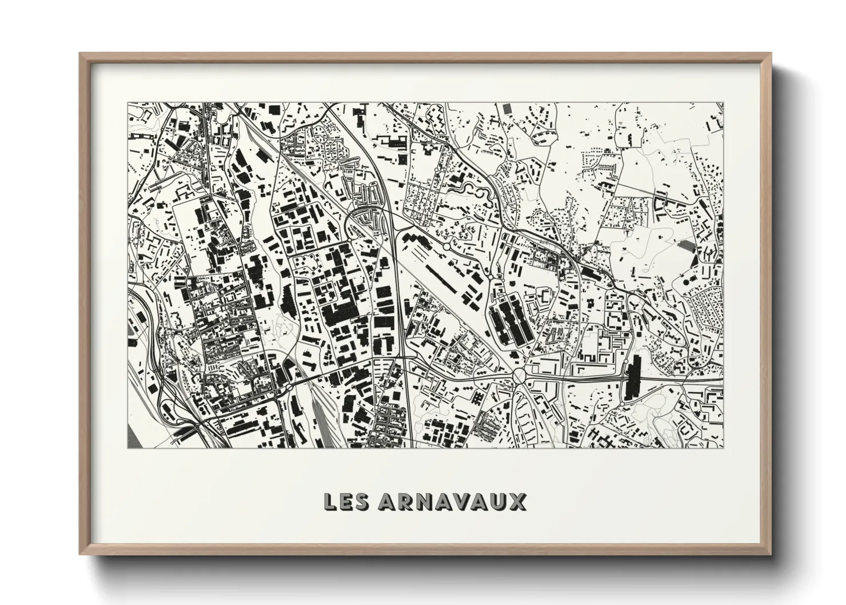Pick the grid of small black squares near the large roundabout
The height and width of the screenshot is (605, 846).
[x=477, y=396]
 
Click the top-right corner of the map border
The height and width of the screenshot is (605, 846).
[x=723, y=104]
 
